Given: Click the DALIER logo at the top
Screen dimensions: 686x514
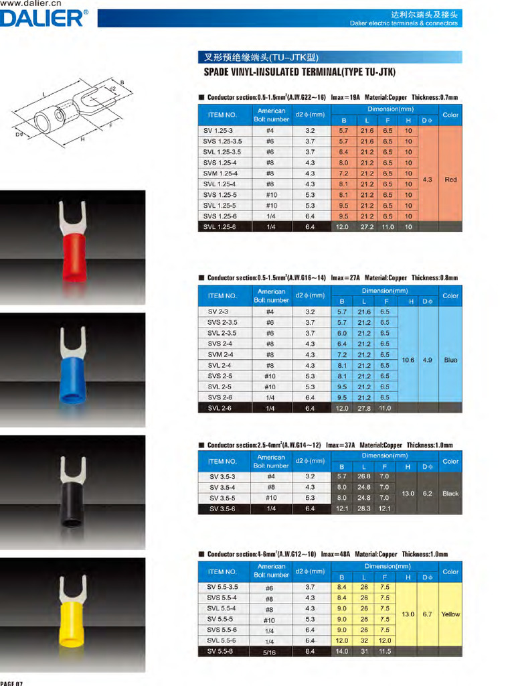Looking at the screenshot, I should [x=44, y=18].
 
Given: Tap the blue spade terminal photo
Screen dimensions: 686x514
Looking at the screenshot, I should [x=72, y=368].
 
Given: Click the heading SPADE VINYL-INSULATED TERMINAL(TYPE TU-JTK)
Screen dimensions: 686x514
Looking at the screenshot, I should [x=300, y=72].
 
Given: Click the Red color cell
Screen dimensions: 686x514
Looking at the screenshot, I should [x=450, y=180].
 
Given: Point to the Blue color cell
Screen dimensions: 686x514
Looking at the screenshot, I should [x=450, y=360].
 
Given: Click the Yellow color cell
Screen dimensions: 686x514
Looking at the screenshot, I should [x=450, y=614].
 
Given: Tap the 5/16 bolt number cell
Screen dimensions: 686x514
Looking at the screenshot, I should [x=270, y=652].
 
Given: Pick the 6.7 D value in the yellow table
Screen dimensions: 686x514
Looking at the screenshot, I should [x=427, y=614].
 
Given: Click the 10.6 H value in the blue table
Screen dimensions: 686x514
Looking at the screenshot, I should [x=408, y=360].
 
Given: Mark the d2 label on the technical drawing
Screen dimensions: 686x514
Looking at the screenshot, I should [x=112, y=88].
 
